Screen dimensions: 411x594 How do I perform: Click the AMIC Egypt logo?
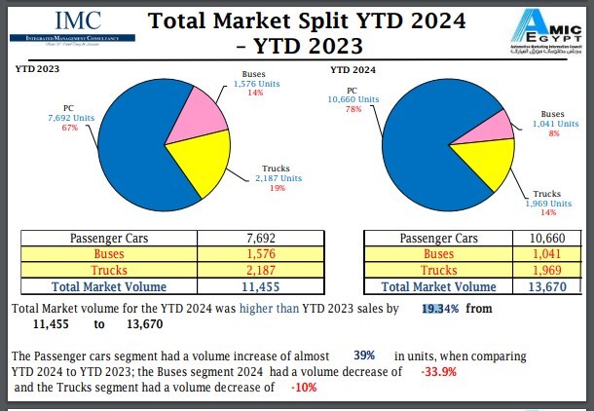(x=538, y=31)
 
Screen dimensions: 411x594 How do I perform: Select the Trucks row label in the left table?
(x=109, y=270)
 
